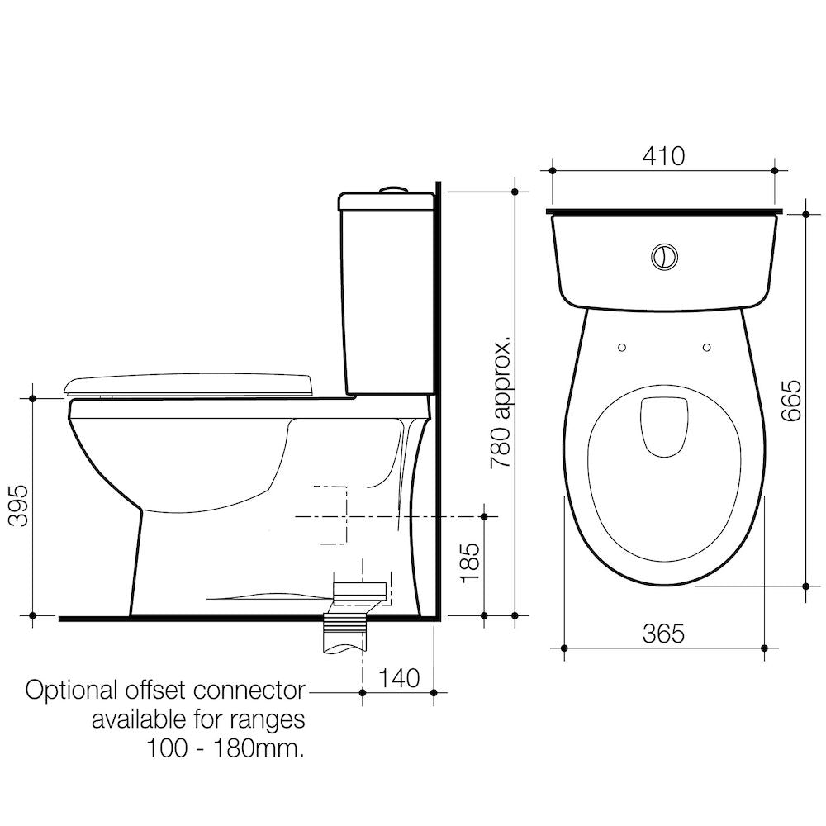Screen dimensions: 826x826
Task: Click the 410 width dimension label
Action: click(x=664, y=156)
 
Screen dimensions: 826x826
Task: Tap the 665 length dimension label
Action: click(x=792, y=401)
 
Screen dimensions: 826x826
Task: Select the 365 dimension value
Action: click(x=664, y=634)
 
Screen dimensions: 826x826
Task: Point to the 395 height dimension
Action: click(x=20, y=506)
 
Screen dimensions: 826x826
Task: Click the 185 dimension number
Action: click(x=470, y=562)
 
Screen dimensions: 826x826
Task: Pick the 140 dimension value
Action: click(x=399, y=678)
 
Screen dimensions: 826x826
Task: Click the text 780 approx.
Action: click(x=501, y=401)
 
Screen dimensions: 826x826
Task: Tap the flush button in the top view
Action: click(x=664, y=257)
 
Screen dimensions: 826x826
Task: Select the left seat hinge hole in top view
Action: click(x=622, y=347)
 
